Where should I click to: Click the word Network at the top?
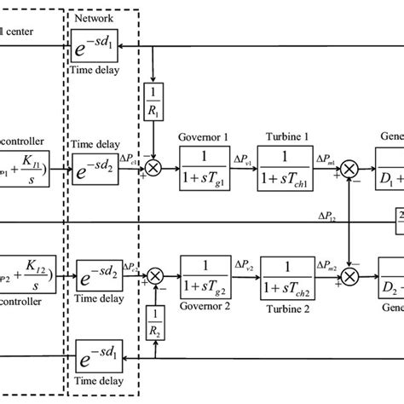(x=93, y=19)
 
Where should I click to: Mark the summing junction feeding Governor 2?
(x=155, y=276)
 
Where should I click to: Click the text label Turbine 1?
(x=284, y=136)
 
